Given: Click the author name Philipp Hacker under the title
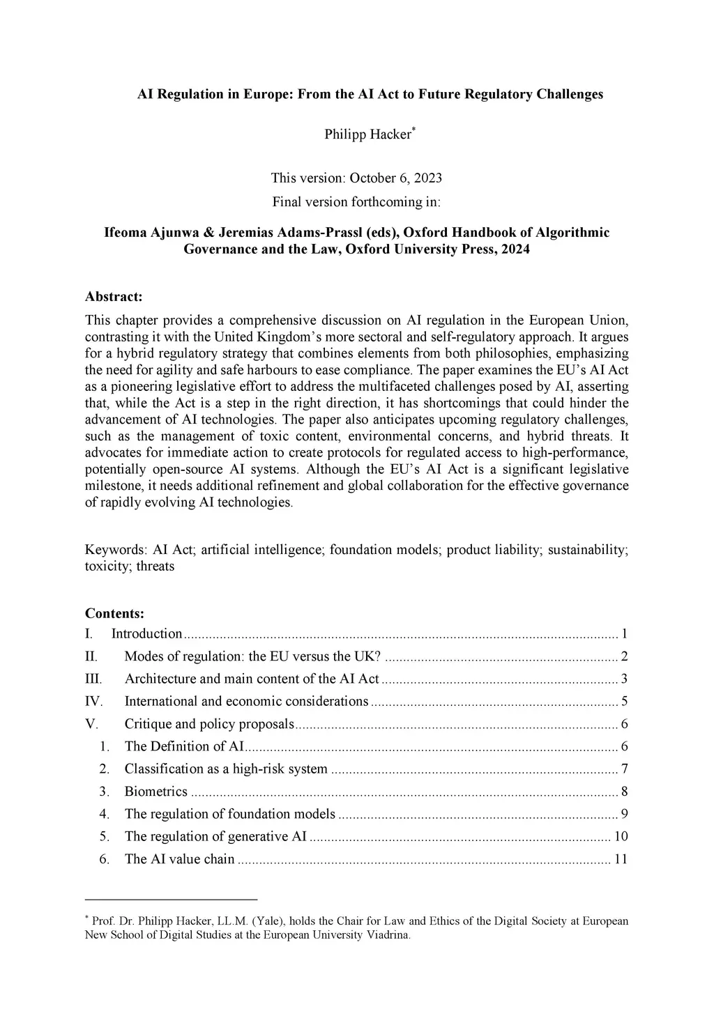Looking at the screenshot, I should pyautogui.click(x=367, y=134).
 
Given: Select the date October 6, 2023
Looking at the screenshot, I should pyautogui.click(x=395, y=178).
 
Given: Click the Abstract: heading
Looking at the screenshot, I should pyautogui.click(x=114, y=296).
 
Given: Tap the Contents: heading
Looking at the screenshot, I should pyautogui.click(x=114, y=613).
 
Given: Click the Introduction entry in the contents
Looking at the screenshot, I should pyautogui.click(x=146, y=633).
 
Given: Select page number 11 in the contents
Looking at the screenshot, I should pyautogui.click(x=621, y=858).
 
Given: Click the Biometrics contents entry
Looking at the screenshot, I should pyautogui.click(x=155, y=791).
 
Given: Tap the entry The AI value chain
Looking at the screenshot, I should pyautogui.click(x=179, y=858).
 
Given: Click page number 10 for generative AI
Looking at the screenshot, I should pyautogui.click(x=621, y=836).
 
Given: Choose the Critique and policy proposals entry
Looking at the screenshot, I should pyautogui.click(x=209, y=723).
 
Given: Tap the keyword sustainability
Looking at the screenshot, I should pyautogui.click(x=586, y=550).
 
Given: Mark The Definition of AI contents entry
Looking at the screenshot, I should pyautogui.click(x=184, y=746).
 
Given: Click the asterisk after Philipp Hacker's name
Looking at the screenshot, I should pyautogui.click(x=414, y=130).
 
